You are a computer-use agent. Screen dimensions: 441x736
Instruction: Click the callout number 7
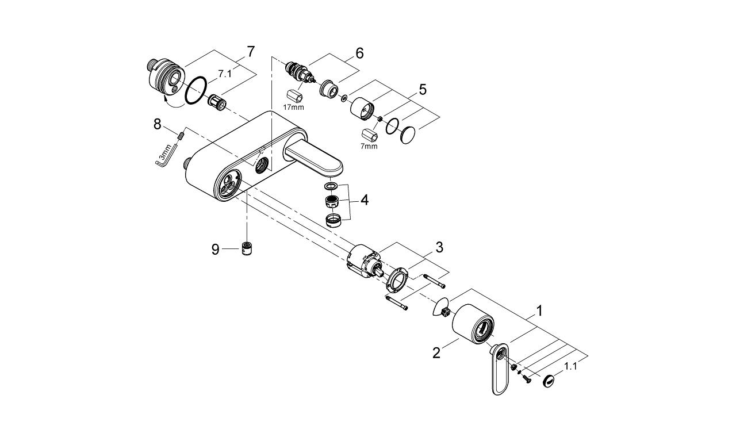[250, 51]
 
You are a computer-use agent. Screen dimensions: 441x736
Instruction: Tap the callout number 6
[359, 53]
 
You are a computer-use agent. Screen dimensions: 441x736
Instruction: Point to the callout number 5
[422, 89]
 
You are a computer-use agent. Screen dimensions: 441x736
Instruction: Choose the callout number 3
[439, 248]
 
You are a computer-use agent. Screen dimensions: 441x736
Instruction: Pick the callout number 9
[215, 250]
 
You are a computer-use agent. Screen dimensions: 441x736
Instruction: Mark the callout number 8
[156, 124]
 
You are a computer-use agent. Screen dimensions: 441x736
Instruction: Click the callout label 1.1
[570, 365]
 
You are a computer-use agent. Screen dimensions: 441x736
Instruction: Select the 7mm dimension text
[369, 146]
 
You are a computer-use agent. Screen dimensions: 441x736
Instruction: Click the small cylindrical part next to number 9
[248, 250]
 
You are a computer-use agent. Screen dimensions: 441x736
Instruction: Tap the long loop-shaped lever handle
[500, 371]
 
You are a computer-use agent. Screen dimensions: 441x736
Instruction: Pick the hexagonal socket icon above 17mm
[294, 94]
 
